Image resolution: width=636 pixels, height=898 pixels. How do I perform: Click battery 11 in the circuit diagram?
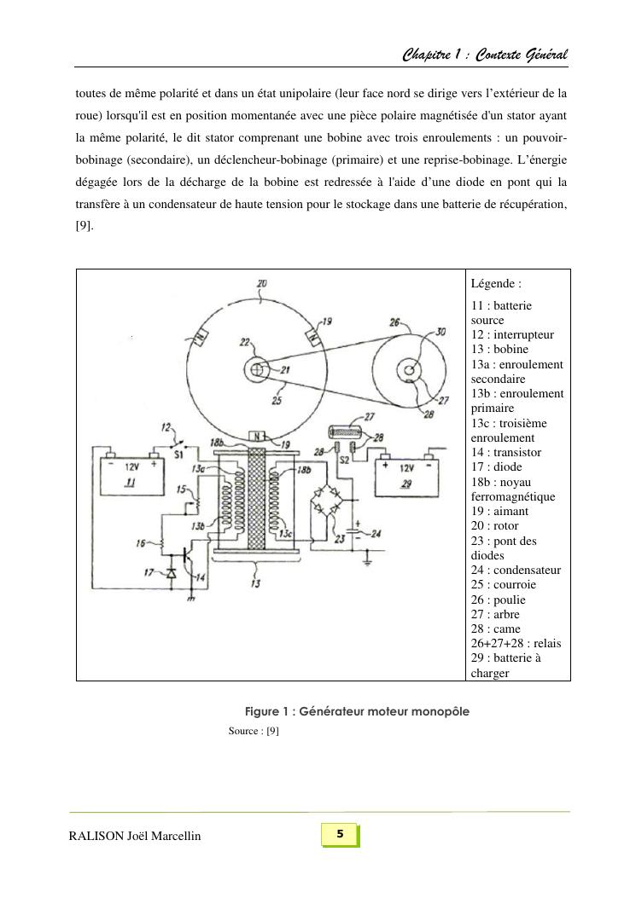pyautogui.click(x=128, y=477)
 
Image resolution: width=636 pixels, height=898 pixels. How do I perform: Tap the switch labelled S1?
pyautogui.click(x=178, y=444)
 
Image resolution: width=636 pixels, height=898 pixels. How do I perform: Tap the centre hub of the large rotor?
pyautogui.click(x=258, y=370)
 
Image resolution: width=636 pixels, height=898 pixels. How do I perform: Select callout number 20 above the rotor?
pyautogui.click(x=261, y=284)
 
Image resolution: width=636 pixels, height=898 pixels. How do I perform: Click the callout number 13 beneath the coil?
pyautogui.click(x=257, y=582)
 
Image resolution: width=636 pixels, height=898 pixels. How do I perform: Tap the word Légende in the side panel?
pyautogui.click(x=494, y=284)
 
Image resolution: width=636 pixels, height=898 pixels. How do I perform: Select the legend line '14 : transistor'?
pyautogui.click(x=505, y=452)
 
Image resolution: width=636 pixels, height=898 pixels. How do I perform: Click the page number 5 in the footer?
pyautogui.click(x=340, y=834)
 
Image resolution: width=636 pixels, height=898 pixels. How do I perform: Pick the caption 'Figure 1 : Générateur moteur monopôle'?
pyautogui.click(x=357, y=711)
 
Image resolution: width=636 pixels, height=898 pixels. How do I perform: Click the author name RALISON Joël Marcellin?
pyautogui.click(x=135, y=836)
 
